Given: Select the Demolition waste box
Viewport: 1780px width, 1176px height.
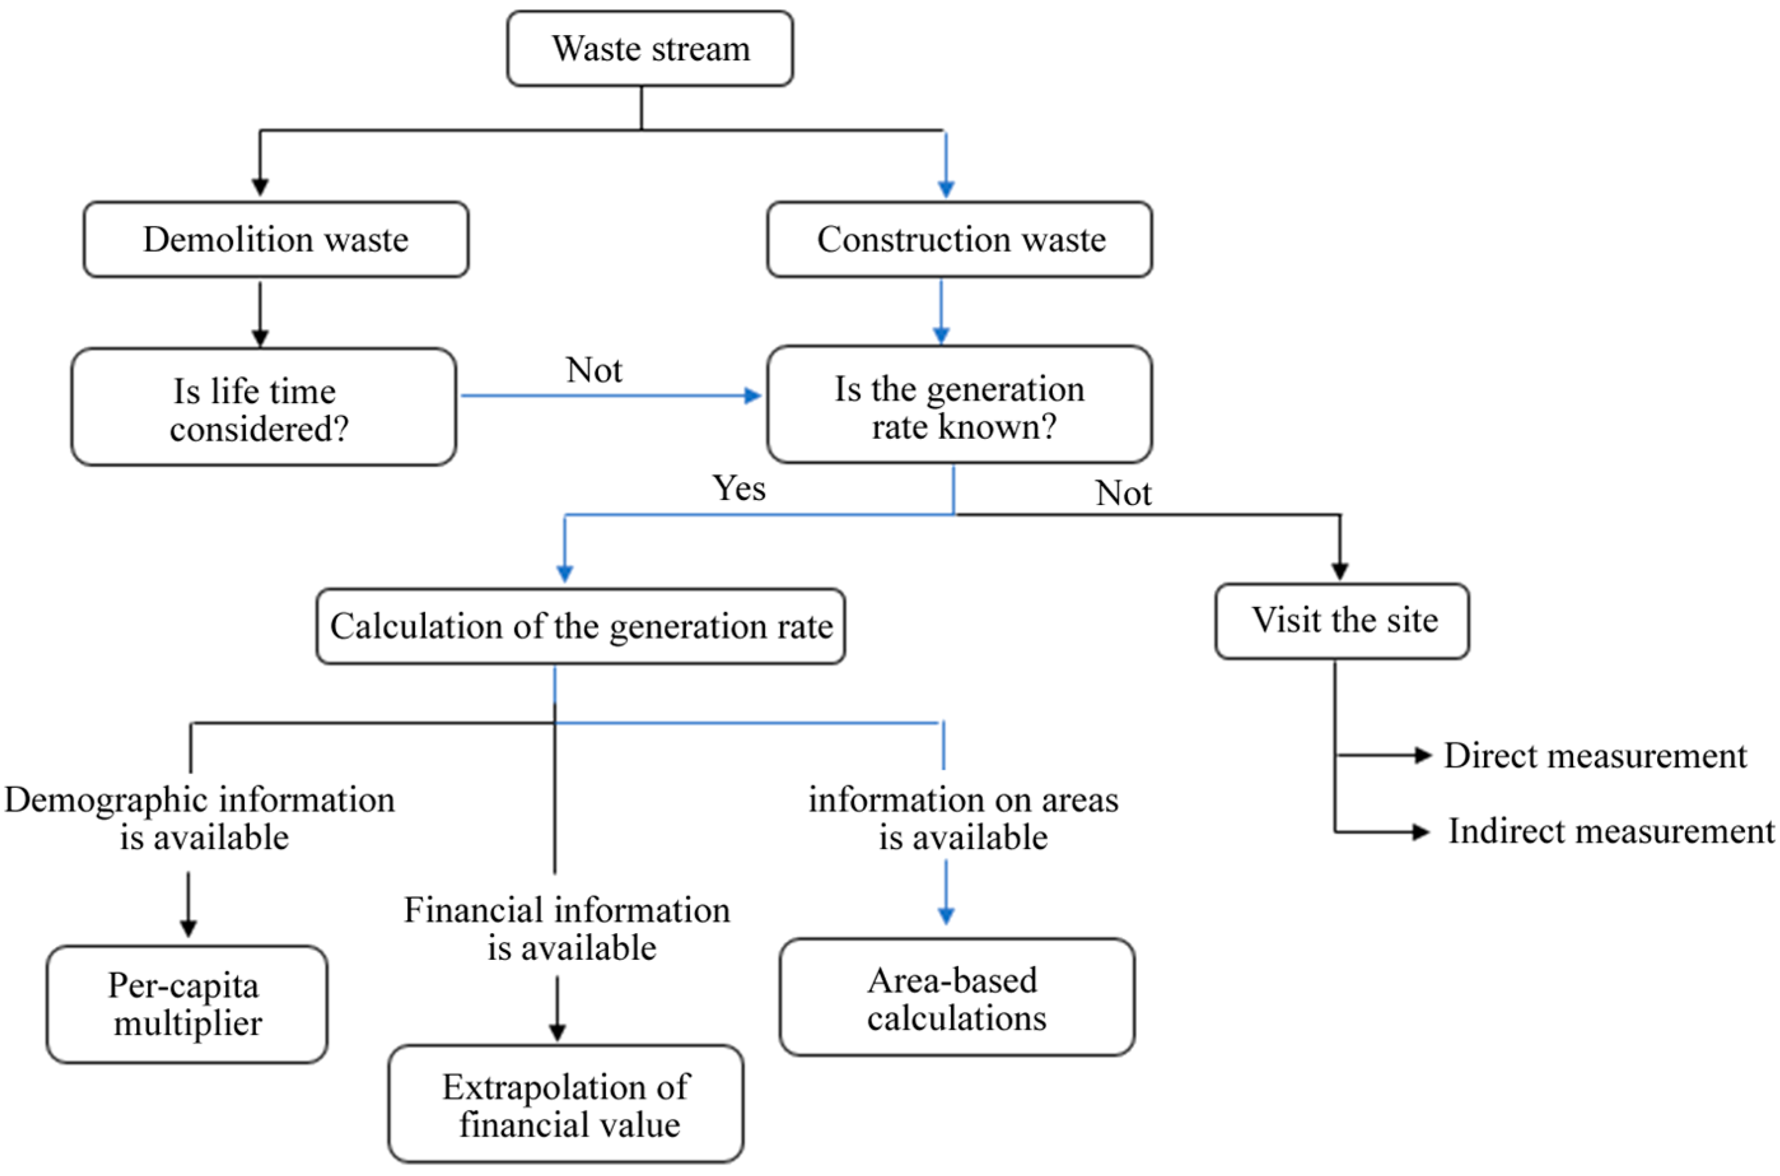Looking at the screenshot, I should (276, 239).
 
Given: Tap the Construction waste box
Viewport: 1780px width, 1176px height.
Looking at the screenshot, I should (959, 239).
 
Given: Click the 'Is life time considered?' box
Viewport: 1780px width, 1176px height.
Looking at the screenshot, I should (263, 407).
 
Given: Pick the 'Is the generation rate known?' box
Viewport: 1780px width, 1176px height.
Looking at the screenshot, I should (959, 405).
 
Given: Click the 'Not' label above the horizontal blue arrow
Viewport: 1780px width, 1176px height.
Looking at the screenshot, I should (594, 370).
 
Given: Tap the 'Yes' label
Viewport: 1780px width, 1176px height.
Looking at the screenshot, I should (739, 488).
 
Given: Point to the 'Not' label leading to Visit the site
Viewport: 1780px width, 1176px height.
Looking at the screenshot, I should (1123, 494).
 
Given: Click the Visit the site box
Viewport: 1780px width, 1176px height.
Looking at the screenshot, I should (1342, 621).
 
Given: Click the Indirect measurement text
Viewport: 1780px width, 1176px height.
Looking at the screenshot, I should (1611, 832).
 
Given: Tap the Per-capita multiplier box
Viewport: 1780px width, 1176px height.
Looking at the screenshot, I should (187, 1004).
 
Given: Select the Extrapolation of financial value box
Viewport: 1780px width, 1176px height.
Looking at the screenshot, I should (566, 1105).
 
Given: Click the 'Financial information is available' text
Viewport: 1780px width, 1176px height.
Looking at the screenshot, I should (567, 929).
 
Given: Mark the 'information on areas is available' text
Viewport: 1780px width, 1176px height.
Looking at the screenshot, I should (963, 819).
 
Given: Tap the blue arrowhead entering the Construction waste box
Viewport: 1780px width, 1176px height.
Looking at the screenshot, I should (946, 189).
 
